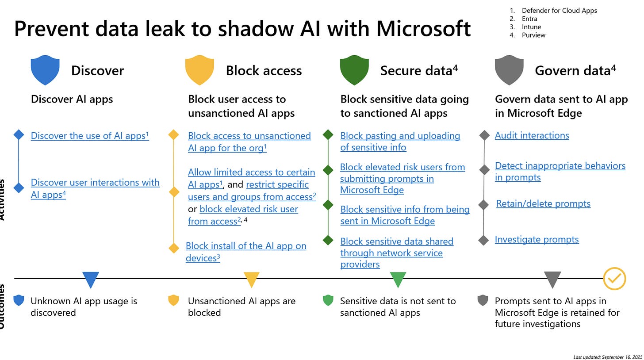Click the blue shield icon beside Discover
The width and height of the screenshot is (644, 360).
(x=45, y=70)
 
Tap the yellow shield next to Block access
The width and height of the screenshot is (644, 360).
(x=199, y=70)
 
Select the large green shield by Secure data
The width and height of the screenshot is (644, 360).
(x=354, y=70)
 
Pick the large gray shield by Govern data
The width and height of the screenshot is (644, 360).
(x=509, y=70)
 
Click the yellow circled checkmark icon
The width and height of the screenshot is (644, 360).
(x=615, y=279)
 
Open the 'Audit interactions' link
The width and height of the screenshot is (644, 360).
(x=532, y=135)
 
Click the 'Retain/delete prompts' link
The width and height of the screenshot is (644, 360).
(x=543, y=203)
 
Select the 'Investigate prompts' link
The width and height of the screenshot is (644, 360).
(x=537, y=239)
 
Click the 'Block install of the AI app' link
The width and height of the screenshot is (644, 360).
(x=246, y=246)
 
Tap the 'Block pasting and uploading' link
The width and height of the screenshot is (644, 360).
(x=400, y=136)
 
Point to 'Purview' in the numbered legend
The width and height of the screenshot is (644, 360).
(x=533, y=35)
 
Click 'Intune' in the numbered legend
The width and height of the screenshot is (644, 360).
(x=531, y=27)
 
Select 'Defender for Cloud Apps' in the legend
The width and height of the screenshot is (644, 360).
(x=559, y=10)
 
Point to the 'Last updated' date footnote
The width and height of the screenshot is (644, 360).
(x=607, y=356)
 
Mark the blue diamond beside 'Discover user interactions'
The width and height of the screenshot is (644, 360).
(x=19, y=188)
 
